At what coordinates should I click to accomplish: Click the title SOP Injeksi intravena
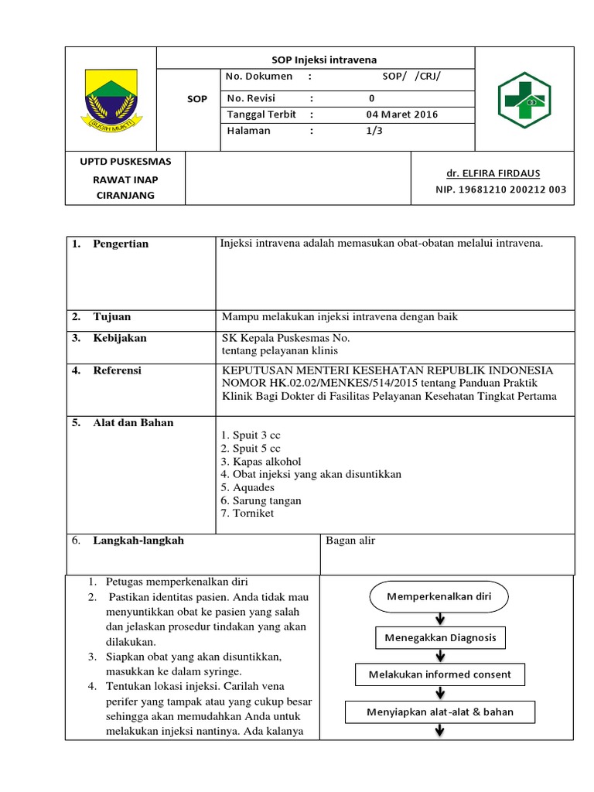pos(314,60)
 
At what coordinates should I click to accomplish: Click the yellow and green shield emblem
pos(110,98)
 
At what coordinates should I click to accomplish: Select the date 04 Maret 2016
pos(401,114)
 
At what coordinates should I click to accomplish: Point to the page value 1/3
pos(374,131)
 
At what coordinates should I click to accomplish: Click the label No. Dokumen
pos(260,76)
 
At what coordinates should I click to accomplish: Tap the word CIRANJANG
pos(125,196)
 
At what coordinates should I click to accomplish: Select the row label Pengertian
pos(121,244)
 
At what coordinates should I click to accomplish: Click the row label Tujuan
pos(112,317)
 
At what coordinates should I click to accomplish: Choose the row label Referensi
pos(117,371)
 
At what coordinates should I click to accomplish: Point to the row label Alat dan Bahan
pos(133,423)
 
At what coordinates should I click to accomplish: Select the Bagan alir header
pos(350,541)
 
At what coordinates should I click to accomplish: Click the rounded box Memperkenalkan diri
pos(439,597)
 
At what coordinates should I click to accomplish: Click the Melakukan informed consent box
pos(439,674)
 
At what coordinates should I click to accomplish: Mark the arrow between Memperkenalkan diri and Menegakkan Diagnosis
pos(439,619)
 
